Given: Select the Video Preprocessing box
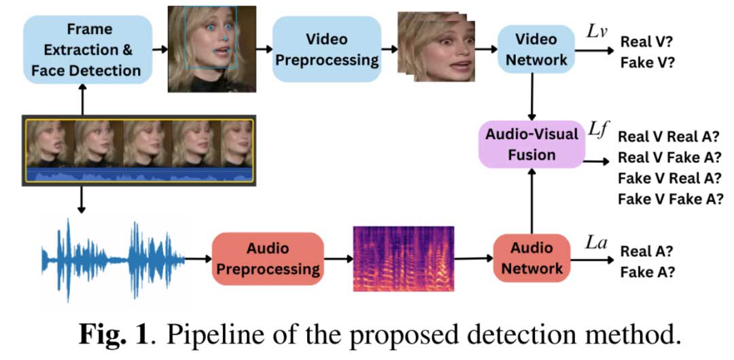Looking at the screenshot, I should (327, 49).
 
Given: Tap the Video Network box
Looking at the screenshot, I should (536, 49).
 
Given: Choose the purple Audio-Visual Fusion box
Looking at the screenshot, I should (531, 145).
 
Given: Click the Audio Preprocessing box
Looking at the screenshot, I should (268, 258).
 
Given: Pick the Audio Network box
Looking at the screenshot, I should (532, 258).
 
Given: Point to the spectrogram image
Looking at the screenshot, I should (404, 258).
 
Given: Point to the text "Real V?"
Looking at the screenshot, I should (646, 42).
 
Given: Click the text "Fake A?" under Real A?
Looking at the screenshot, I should (646, 273).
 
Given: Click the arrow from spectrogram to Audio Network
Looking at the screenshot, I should (473, 258).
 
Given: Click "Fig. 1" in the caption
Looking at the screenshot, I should (113, 335).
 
